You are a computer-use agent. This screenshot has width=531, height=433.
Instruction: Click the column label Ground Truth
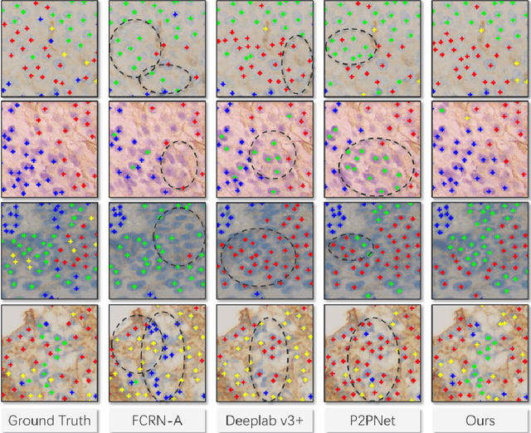click(49, 420)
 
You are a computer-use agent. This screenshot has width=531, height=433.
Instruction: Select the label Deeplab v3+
click(265, 420)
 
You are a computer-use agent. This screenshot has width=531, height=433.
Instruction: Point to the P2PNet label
click(373, 420)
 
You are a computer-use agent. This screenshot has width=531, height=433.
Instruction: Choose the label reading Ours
click(480, 420)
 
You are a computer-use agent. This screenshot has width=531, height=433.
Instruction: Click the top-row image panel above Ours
click(480, 48)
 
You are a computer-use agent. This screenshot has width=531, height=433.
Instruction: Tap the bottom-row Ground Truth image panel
click(49, 353)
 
